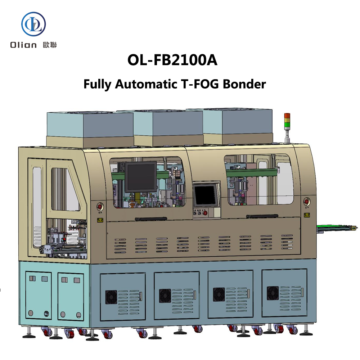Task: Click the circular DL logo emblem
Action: pyautogui.click(x=33, y=24)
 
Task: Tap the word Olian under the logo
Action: pyautogui.click(x=26, y=45)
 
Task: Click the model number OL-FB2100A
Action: pyautogui.click(x=172, y=60)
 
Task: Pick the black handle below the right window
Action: pyautogui.click(x=262, y=216)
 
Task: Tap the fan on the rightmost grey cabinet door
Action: pyautogui.click(x=273, y=293)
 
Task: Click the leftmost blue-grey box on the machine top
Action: pyautogui.click(x=90, y=124)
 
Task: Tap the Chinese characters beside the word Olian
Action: pyautogui.click(x=49, y=45)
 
